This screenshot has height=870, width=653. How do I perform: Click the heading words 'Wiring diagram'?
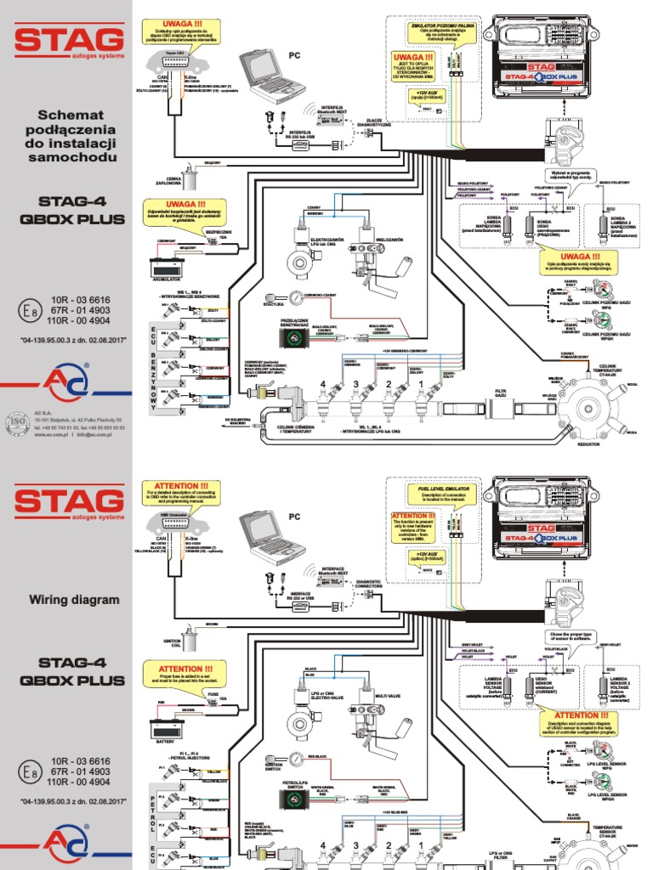click(75, 600)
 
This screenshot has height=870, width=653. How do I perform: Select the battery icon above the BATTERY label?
click(166, 728)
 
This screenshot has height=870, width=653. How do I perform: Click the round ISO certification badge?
click(18, 421)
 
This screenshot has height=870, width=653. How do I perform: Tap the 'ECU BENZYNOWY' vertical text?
click(154, 357)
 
